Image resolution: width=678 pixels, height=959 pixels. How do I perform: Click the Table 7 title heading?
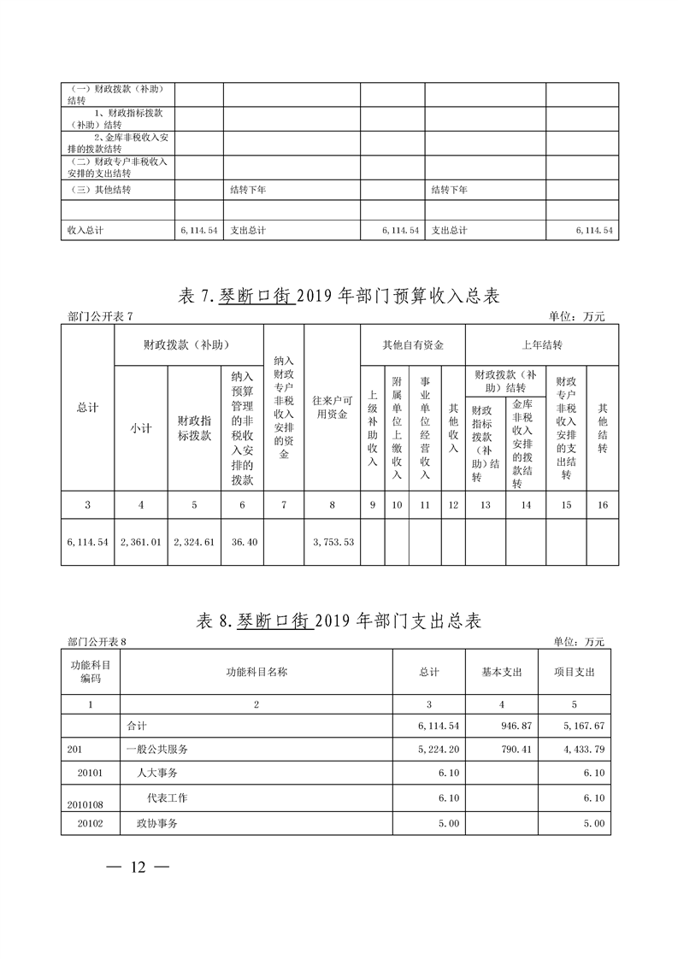coord(339,297)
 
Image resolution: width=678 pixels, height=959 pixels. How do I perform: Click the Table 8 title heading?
coord(339,621)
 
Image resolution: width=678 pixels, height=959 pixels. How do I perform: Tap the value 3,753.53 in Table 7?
coord(332,542)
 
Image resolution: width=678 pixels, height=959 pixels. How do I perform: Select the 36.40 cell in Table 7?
coord(242,542)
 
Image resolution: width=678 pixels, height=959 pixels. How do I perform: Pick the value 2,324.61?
coord(194,542)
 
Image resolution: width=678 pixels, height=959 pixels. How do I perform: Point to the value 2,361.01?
coord(141,542)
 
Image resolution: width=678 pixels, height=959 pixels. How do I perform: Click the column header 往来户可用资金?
coord(332,408)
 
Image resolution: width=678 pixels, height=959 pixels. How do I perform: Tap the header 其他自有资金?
coord(412,345)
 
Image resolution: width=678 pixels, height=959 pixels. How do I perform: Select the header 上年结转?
coord(541,345)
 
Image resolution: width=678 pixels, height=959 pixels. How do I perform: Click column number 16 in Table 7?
coord(602,505)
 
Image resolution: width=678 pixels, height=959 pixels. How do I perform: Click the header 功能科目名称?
coord(256,672)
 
